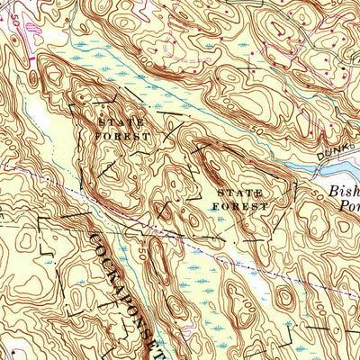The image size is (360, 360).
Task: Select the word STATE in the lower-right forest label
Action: pos(238,193)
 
